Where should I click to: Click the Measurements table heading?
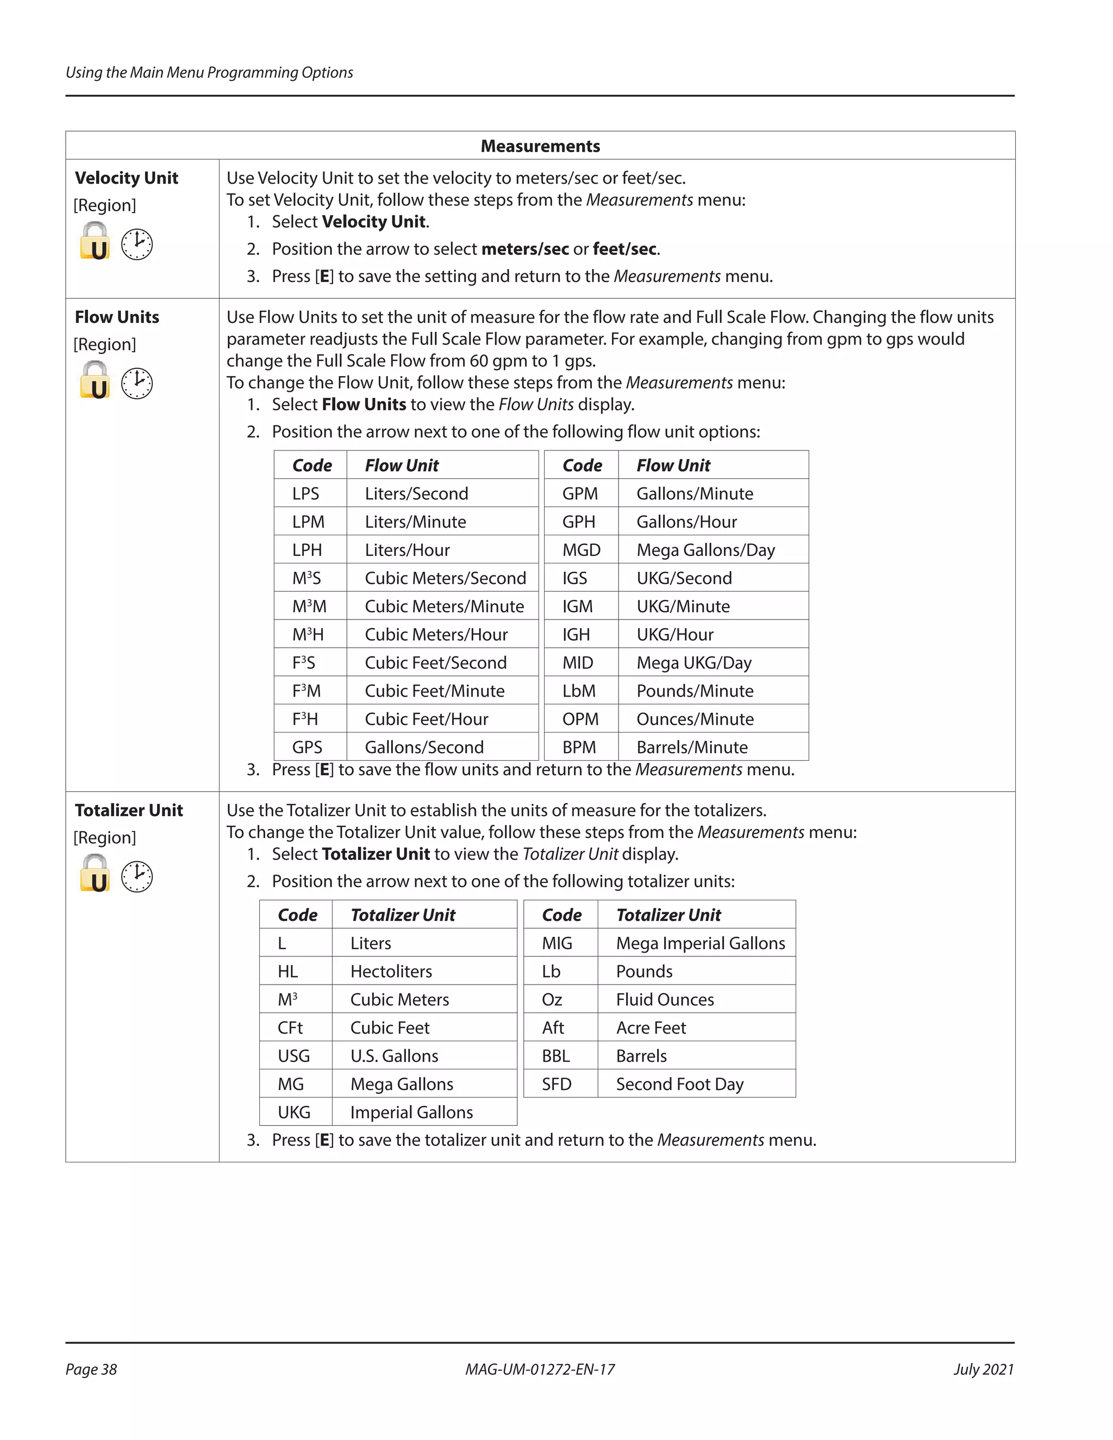(x=540, y=146)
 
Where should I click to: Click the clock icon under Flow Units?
(x=137, y=383)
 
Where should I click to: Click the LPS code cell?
(x=306, y=493)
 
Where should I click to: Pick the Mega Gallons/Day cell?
(x=705, y=550)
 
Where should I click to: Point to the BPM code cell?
(x=579, y=747)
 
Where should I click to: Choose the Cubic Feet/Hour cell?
(x=427, y=719)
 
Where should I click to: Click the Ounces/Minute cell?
(x=695, y=719)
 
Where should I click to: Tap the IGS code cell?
(x=574, y=578)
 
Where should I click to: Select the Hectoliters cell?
(x=391, y=971)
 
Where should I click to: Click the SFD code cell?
(x=556, y=1084)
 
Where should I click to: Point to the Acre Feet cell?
(x=651, y=1028)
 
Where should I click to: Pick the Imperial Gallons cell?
(x=411, y=1112)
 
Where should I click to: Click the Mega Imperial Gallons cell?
(x=700, y=943)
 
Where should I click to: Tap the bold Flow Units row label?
(x=117, y=317)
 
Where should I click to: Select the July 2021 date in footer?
(x=983, y=1369)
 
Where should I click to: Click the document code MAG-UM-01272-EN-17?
(x=540, y=1369)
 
